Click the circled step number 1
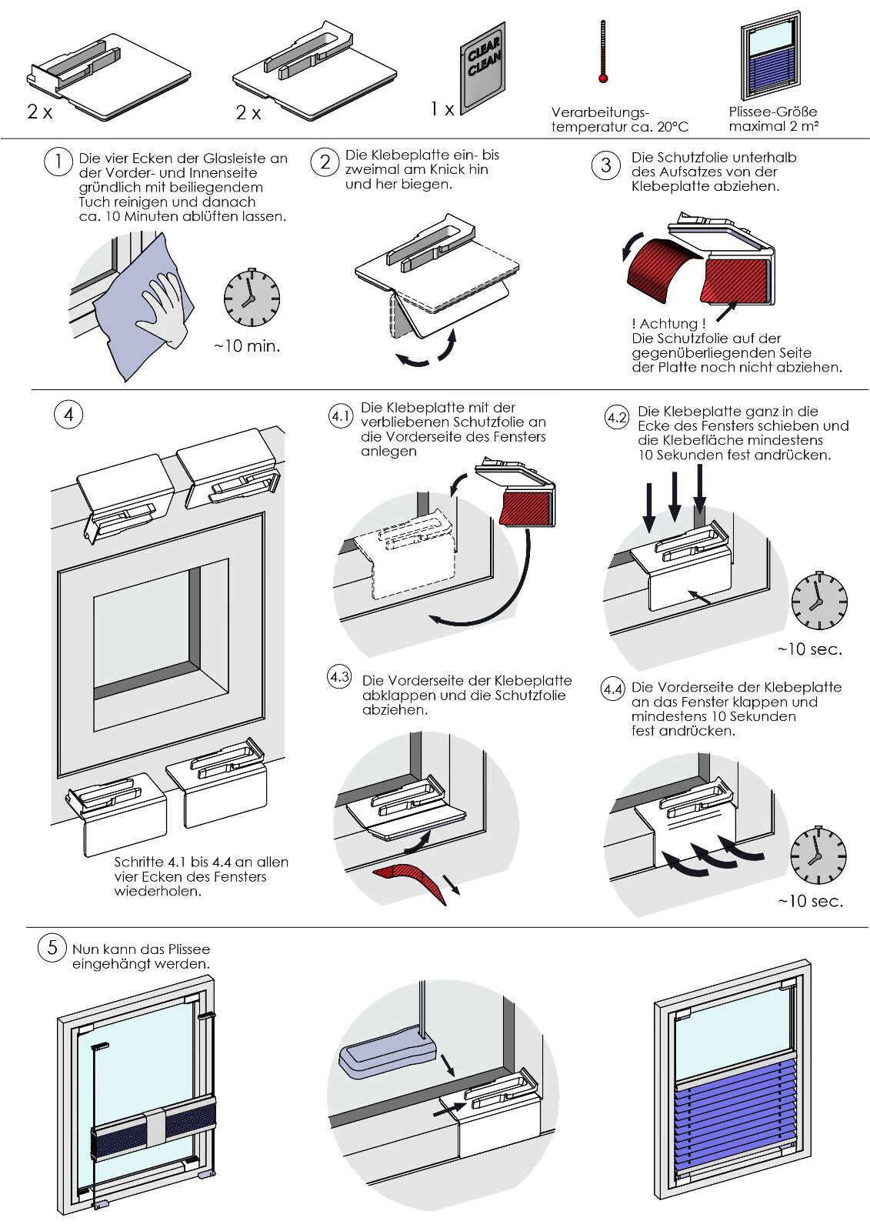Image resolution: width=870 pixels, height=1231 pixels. click(58, 162)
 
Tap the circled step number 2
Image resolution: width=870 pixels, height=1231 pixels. click(325, 162)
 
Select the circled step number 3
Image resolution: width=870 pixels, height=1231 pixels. click(605, 165)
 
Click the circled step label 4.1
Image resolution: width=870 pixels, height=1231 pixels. click(341, 416)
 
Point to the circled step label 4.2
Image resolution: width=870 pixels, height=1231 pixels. click(617, 418)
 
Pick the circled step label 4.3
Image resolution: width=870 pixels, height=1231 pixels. click(340, 676)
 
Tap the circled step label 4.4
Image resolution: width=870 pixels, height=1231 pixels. click(613, 689)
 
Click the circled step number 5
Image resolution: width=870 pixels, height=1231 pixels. click(52, 947)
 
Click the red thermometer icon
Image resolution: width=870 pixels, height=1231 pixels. click(603, 52)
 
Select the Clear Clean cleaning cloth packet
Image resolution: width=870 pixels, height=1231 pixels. click(483, 68)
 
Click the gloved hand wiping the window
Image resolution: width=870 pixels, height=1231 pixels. click(162, 310)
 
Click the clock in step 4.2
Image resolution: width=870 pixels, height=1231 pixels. click(819, 601)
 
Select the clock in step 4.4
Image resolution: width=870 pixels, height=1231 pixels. click(818, 856)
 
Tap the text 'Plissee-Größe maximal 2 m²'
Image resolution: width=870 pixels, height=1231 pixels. click(773, 118)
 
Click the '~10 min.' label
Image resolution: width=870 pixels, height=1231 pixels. click(247, 346)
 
